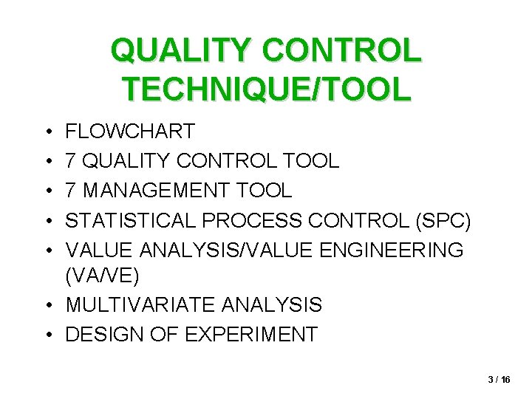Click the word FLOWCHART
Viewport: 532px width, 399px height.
click(x=130, y=132)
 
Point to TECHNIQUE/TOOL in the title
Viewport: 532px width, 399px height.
click(x=266, y=89)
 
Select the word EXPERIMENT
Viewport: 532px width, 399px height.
click(x=251, y=334)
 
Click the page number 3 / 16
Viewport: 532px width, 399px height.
click(x=499, y=379)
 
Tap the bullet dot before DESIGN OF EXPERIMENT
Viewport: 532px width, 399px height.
click(x=47, y=335)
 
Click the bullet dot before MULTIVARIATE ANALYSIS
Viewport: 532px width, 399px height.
click(x=47, y=305)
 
